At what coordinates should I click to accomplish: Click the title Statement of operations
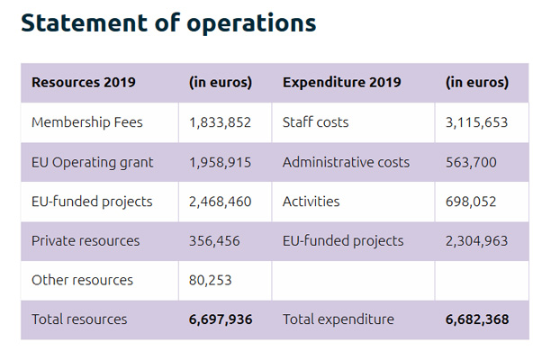[x=168, y=22]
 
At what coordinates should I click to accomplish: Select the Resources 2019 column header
[x=84, y=83]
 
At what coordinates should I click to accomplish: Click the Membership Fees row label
[x=86, y=122]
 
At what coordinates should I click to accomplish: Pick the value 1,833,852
[x=220, y=122]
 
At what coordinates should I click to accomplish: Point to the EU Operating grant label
[x=92, y=162]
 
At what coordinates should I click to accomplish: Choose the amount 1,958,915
[x=220, y=162]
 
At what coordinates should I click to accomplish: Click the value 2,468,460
[x=221, y=202]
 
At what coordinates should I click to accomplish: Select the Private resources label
[x=86, y=240]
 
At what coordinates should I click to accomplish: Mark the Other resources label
[x=82, y=280]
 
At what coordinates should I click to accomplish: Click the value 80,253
[x=211, y=280]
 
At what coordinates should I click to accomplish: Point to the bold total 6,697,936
[x=221, y=319]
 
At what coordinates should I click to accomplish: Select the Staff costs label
[x=315, y=122]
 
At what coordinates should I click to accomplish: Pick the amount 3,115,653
[x=476, y=122]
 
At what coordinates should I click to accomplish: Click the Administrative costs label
[x=346, y=162]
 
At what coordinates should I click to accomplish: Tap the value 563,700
[x=471, y=162]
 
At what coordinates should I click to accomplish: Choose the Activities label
[x=311, y=202]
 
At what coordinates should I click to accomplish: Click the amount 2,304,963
[x=476, y=240]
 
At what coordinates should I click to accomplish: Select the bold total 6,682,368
[x=477, y=319]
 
